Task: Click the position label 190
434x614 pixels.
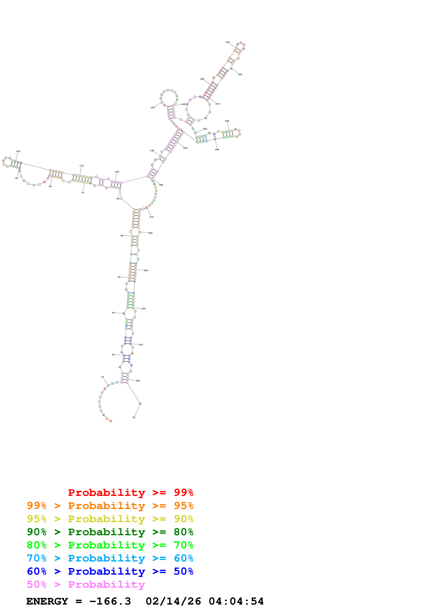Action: tap(227, 42)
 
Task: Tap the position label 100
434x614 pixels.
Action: tap(18, 151)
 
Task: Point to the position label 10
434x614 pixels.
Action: tap(102, 377)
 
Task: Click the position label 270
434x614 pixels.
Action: tap(152, 217)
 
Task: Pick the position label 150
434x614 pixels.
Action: tap(152, 107)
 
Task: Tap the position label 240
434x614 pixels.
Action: tap(217, 149)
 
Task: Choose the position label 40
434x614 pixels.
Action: tap(119, 277)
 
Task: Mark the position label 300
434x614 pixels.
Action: tap(143, 309)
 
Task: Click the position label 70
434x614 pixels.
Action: tap(83, 193)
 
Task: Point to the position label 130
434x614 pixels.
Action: tap(152, 151)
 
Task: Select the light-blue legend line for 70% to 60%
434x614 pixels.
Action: tap(110, 558)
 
